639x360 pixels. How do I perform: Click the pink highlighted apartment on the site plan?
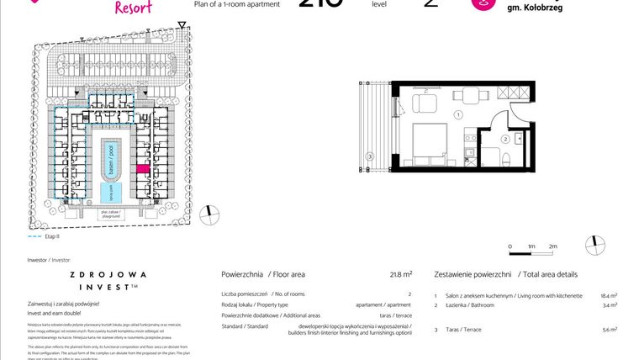pyautogui.click(x=142, y=169)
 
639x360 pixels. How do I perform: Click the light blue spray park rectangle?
pyautogui.click(x=109, y=193)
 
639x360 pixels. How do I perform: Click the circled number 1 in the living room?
pyautogui.click(x=458, y=114)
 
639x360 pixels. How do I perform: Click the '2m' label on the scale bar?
pyautogui.click(x=552, y=246)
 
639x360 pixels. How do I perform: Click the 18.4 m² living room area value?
pyautogui.click(x=609, y=296)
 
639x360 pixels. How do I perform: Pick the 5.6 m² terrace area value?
pyautogui.click(x=610, y=331)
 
